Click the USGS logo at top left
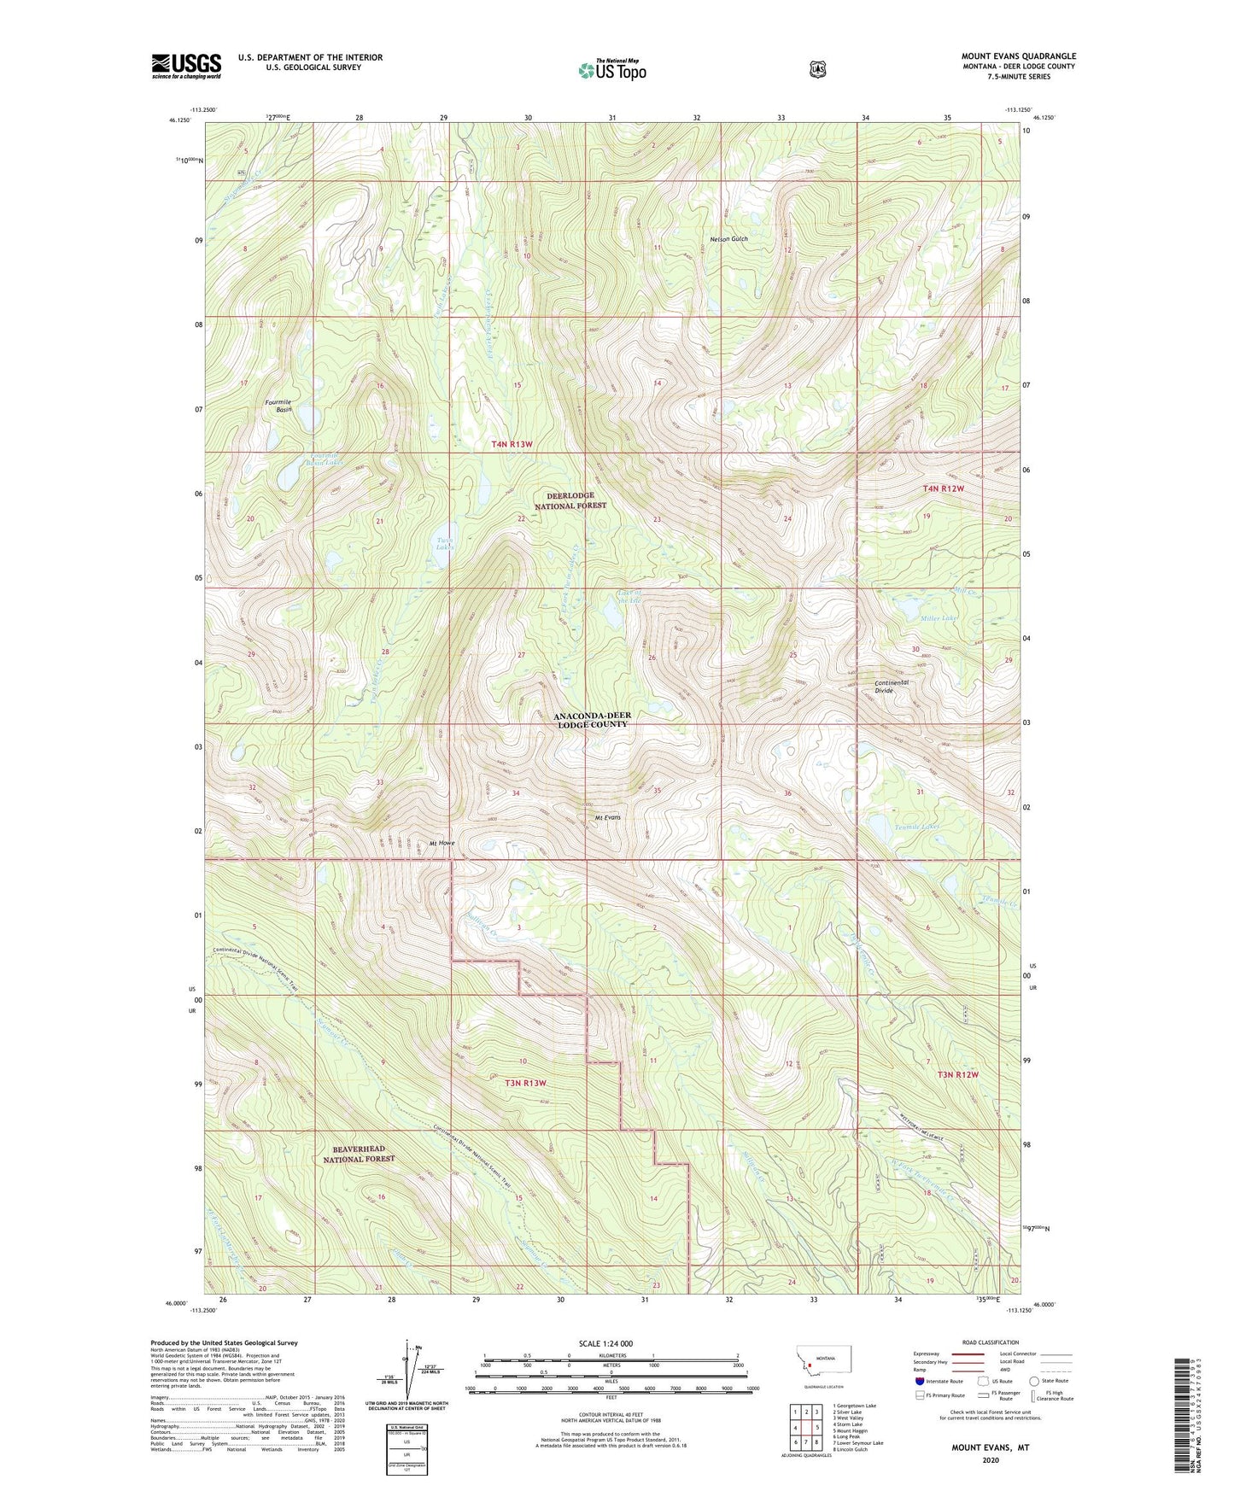point(186,66)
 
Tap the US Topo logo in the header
point(611,70)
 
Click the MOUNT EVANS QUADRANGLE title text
point(1018,56)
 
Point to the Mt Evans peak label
point(607,817)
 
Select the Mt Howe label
point(442,843)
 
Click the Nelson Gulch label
point(728,239)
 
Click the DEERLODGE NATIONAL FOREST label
point(570,500)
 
